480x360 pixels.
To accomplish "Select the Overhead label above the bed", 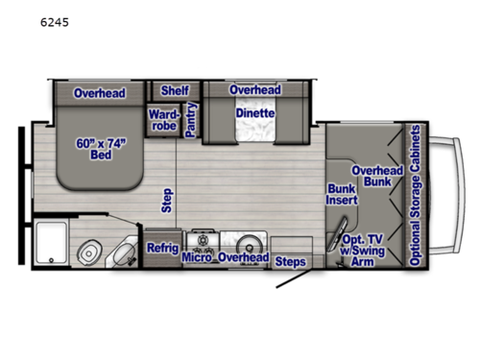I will click(x=99, y=92).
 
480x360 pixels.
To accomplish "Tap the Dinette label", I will click(x=254, y=112).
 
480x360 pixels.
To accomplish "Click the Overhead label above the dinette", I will click(x=254, y=90).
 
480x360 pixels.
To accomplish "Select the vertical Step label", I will click(x=166, y=200).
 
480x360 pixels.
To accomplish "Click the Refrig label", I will click(x=161, y=249).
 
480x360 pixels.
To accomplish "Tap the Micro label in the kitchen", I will click(x=197, y=257).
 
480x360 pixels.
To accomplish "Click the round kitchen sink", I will click(x=253, y=241).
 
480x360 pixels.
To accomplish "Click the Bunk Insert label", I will click(x=342, y=194).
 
